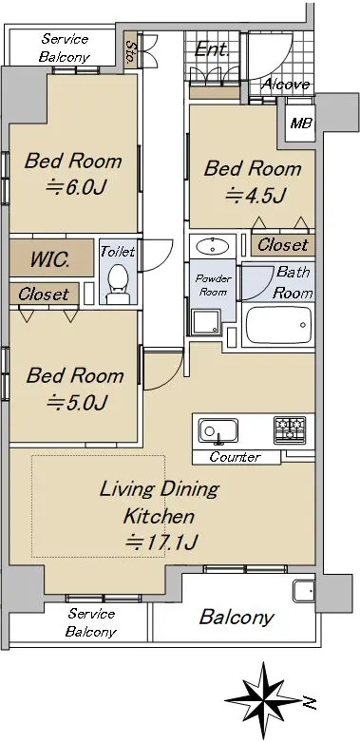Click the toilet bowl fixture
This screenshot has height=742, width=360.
coord(118,283)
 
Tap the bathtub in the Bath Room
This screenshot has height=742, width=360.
coord(278,325)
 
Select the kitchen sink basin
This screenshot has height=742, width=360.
coord(218,430)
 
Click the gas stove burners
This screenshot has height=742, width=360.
coord(290,429)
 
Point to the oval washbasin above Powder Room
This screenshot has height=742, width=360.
coord(212,246)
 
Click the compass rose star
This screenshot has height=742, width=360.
coord(263,701)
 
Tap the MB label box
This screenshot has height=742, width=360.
coord(301,124)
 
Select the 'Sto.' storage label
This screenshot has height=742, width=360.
coord(130,49)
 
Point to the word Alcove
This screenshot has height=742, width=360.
coord(286,85)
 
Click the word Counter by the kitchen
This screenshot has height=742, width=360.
coord(236,457)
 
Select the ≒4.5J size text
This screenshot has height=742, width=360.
coord(256,195)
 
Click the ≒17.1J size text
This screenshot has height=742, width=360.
coord(161,542)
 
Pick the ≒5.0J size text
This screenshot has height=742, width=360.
coord(78,402)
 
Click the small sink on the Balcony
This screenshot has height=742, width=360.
coord(303,591)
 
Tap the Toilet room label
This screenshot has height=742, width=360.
coord(118,251)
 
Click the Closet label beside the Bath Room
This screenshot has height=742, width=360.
coord(282,245)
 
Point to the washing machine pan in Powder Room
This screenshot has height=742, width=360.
coord(206,323)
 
